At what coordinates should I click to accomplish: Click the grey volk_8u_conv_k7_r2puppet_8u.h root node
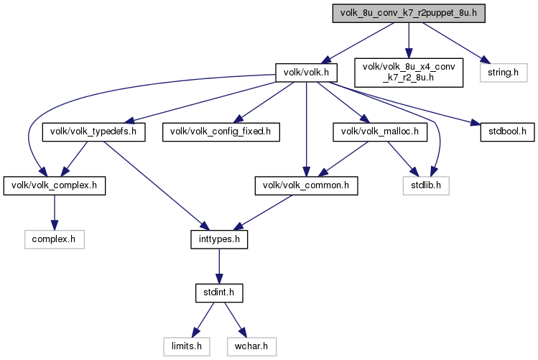tap(409, 14)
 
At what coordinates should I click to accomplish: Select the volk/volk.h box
tap(306, 73)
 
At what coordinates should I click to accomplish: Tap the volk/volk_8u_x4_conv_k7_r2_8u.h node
tap(409, 73)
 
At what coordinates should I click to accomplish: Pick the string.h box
tap(504, 73)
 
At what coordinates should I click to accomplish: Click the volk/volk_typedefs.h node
tap(93, 131)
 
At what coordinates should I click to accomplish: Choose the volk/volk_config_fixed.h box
tap(221, 131)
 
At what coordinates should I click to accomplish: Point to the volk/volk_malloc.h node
tap(380, 131)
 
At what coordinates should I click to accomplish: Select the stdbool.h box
tap(507, 131)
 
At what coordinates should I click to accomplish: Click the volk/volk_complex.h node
tap(55, 185)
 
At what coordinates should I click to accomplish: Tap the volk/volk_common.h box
tap(306, 185)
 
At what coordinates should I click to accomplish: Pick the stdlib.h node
tap(426, 185)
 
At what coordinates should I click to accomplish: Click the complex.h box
tap(54, 239)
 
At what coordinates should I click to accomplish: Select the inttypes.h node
tap(219, 239)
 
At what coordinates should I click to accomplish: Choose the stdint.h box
tap(219, 292)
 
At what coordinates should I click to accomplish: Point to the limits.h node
tap(187, 346)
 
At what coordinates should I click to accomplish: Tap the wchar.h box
tap(251, 346)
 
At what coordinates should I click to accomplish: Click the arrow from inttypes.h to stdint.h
tap(219, 267)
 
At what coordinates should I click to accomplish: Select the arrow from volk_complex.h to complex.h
tap(54, 213)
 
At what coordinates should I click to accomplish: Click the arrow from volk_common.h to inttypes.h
tap(263, 213)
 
